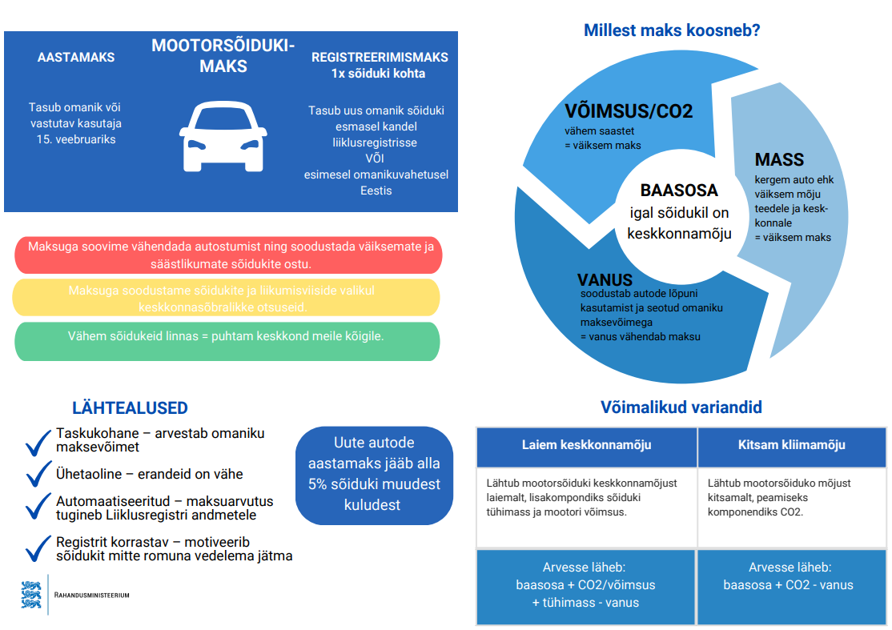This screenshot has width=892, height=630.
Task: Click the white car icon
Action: [223, 136]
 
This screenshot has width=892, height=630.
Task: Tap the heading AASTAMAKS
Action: [76, 58]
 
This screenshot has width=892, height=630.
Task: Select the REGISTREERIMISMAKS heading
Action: [380, 58]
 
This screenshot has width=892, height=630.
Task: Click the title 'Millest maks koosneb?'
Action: [672, 30]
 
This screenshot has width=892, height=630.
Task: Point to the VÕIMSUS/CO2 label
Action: [629, 111]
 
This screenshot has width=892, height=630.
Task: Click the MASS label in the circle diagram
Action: [779, 159]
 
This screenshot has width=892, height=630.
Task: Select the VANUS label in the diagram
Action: [605, 279]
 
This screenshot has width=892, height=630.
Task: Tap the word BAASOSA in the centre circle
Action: [679, 190]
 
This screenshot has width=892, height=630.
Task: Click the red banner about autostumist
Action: [229, 255]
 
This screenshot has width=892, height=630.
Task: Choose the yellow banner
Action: [227, 298]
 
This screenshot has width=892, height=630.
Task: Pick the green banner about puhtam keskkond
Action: [227, 342]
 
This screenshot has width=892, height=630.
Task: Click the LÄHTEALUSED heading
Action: [130, 408]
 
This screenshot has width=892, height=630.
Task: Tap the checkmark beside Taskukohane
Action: [38, 443]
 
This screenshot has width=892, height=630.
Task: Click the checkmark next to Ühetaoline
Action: [38, 474]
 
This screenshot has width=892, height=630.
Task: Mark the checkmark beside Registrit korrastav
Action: [38, 548]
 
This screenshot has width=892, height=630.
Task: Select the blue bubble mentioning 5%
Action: [374, 476]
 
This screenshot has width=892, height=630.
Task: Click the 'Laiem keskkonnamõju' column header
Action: [586, 445]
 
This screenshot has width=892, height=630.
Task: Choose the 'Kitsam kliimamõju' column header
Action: [792, 445]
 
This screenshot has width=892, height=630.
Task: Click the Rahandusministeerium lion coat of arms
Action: [31, 595]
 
